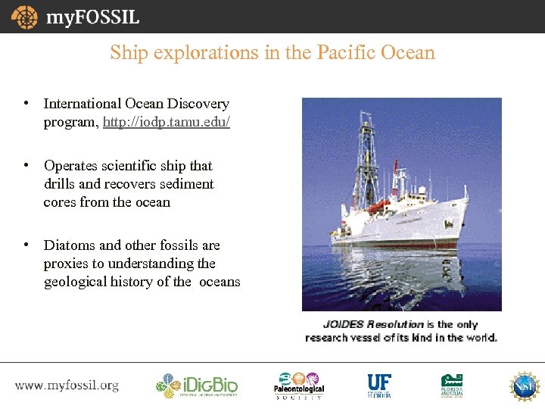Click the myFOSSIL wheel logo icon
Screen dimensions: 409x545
[24, 17]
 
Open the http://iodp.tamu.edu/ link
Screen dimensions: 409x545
[167, 122]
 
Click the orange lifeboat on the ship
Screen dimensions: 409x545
[378, 205]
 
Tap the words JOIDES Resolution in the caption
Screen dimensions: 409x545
[363, 325]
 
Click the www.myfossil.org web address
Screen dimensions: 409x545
[67, 386]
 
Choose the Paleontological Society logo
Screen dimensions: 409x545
[299, 386]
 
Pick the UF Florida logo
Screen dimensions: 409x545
[378, 386]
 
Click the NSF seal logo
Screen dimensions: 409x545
[524, 386]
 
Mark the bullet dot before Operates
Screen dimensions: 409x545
[26, 165]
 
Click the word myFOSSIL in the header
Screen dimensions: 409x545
[92, 17]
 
